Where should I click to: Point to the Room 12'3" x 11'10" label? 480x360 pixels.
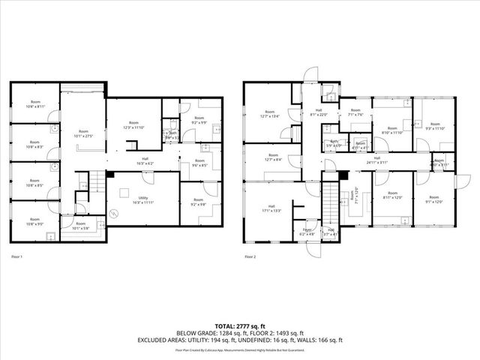point(133,124)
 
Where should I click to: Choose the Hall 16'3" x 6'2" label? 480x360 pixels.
point(145,160)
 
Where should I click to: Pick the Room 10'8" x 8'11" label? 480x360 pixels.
point(34,105)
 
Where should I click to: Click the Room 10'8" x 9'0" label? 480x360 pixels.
point(34,223)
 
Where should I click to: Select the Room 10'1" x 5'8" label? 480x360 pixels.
point(80,225)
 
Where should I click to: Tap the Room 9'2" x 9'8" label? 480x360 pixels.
point(198,202)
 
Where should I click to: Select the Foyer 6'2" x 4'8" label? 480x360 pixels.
point(307,231)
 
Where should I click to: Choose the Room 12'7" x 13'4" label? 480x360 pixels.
point(269,114)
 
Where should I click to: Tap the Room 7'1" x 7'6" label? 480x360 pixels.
point(355,112)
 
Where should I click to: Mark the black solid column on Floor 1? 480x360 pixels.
point(109,175)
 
